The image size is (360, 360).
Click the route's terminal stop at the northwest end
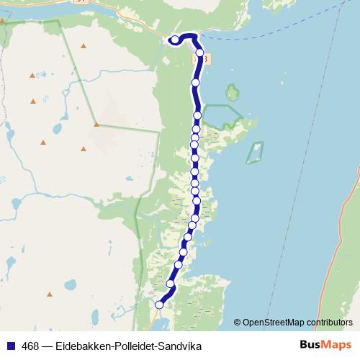(x=175, y=40)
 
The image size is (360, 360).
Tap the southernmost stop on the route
(x=159, y=305)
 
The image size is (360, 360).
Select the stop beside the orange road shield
(x=199, y=53)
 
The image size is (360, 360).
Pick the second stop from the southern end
(x=171, y=284)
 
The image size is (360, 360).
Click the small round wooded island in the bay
(x=233, y=92)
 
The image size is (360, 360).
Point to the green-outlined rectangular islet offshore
(x=255, y=152)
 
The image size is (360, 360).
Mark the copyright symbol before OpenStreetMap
(x=237, y=322)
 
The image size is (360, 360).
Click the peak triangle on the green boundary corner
(x=96, y=124)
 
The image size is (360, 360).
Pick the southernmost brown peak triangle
(x=50, y=294)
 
